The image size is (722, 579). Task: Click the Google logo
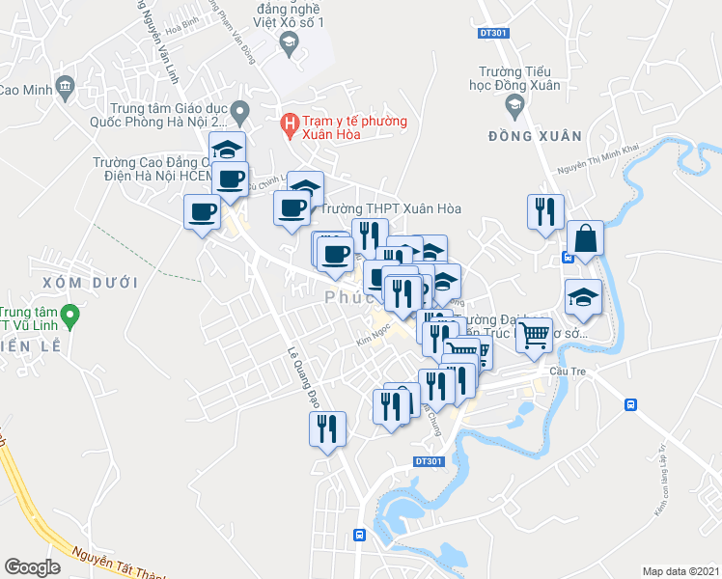[32, 567]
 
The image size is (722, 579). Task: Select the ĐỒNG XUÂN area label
[524, 136]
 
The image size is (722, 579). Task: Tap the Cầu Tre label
[566, 371]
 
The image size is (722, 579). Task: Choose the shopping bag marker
[585, 237]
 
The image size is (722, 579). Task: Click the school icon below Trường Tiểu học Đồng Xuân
[514, 104]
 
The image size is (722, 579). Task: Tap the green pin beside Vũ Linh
[69, 316]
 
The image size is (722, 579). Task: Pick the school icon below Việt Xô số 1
[288, 41]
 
